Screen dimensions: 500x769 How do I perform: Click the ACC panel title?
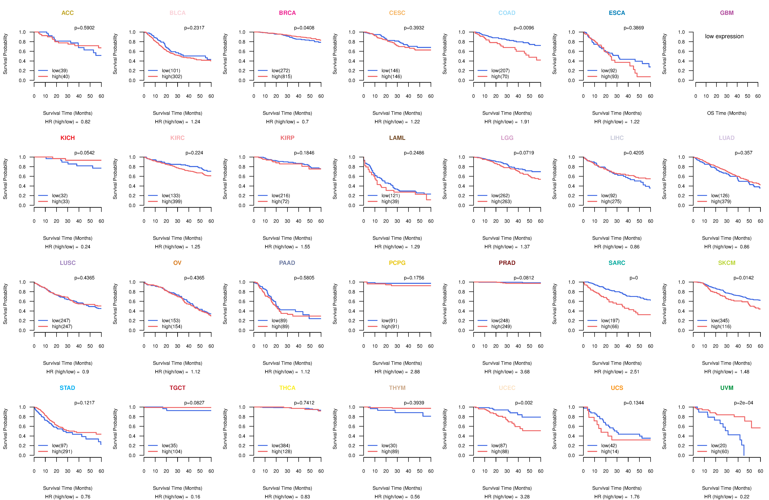click(68, 13)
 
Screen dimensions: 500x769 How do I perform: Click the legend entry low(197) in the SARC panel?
click(610, 321)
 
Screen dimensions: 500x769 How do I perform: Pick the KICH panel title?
click(68, 138)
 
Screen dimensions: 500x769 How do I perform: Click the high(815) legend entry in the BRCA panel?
click(281, 77)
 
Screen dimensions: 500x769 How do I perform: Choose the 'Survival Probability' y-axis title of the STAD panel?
click(5, 429)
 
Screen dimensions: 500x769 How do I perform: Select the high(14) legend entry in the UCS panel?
click(610, 452)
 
